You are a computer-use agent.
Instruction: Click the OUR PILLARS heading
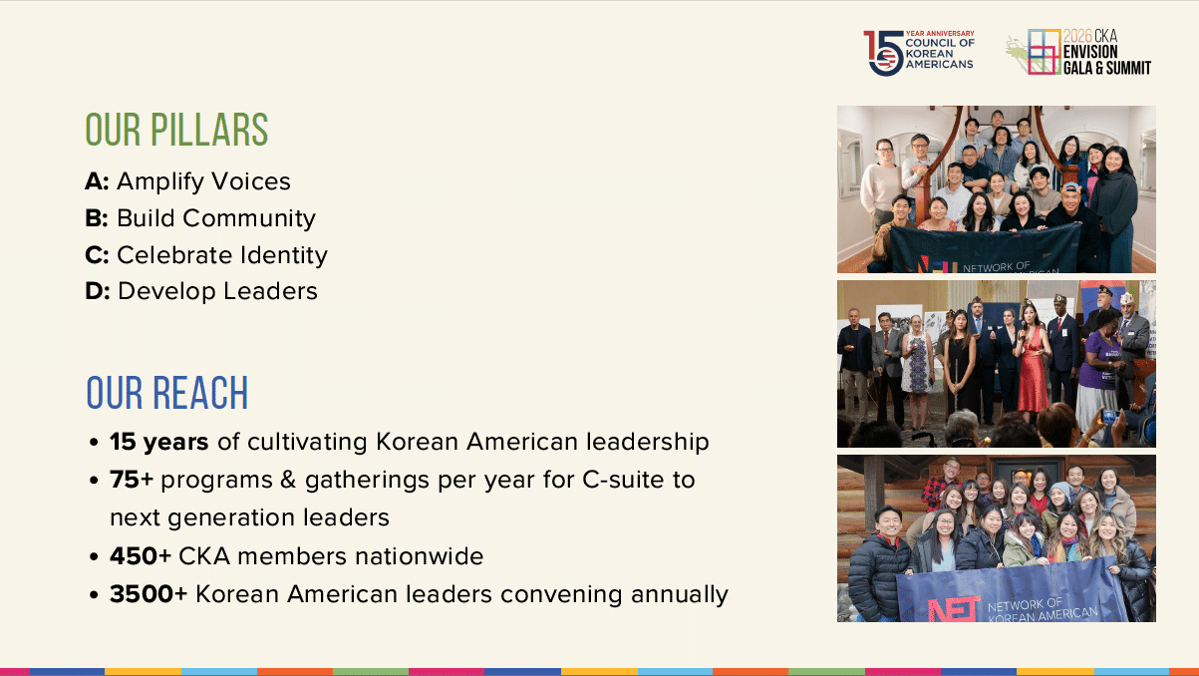pyautogui.click(x=176, y=130)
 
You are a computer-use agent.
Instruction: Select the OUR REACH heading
pyautogui.click(x=167, y=393)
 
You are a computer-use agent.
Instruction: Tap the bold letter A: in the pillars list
pyautogui.click(x=97, y=181)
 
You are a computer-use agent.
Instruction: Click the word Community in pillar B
pyautogui.click(x=249, y=218)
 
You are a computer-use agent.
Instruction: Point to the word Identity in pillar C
pyautogui.click(x=283, y=255)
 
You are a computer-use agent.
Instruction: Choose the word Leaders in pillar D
pyautogui.click(x=270, y=291)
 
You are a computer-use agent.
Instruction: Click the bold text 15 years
pyautogui.click(x=159, y=442)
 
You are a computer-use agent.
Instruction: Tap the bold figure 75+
pyautogui.click(x=132, y=480)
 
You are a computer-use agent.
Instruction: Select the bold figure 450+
pyautogui.click(x=141, y=556)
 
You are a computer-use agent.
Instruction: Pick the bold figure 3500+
pyautogui.click(x=149, y=594)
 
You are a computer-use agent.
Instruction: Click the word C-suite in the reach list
pyautogui.click(x=623, y=480)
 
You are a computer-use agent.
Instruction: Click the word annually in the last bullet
pyautogui.click(x=680, y=595)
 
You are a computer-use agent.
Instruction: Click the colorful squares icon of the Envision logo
pyautogui.click(x=1044, y=52)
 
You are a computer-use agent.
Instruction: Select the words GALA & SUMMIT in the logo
pyautogui.click(x=1107, y=68)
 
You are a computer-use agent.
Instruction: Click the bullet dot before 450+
pyautogui.click(x=95, y=557)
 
